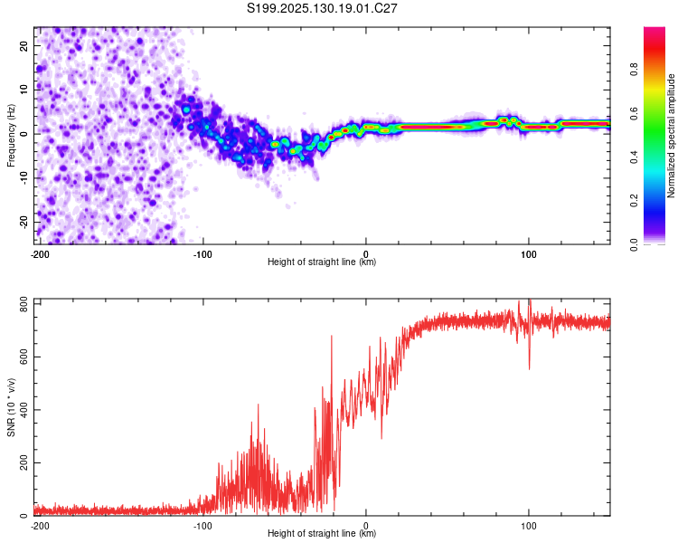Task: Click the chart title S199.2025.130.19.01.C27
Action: [322, 8]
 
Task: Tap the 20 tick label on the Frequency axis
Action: [24, 45]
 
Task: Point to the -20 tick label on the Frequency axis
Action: [24, 223]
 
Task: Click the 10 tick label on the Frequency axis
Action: [24, 90]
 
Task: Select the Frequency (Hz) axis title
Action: [11, 135]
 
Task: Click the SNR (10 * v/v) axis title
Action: [11, 407]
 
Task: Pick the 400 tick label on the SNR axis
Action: [24, 410]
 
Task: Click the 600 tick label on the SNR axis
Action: [24, 357]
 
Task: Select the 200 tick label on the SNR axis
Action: [24, 462]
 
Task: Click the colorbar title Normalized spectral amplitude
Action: [671, 135]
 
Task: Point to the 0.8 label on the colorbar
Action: [634, 70]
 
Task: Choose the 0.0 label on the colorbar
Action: [634, 244]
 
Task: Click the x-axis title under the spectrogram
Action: [322, 262]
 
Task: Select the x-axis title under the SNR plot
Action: [322, 533]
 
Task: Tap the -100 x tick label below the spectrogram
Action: [202, 254]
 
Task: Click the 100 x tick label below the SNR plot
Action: [529, 526]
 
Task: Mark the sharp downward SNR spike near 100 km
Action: [530, 368]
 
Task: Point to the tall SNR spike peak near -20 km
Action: [332, 336]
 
